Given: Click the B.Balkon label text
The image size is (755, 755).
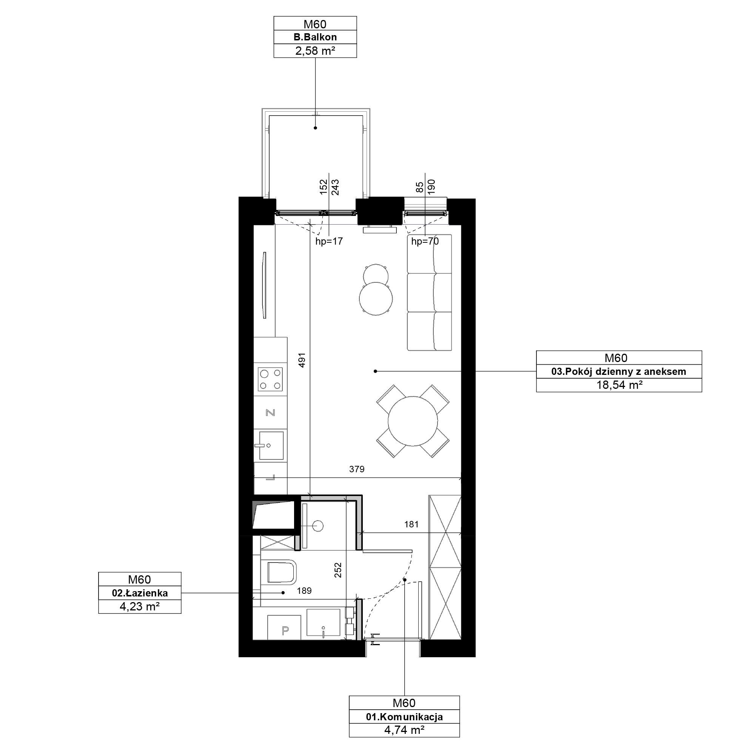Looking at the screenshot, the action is tap(315, 37).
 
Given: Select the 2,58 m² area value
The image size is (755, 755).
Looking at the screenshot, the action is tap(315, 51).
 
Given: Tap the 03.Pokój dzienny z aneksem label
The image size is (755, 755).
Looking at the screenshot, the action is tap(619, 371).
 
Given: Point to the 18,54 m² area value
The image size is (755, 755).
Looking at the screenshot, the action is tap(619, 385).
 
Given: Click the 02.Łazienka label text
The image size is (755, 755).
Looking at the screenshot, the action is tap(140, 593).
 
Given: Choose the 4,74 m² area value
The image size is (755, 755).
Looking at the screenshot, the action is tap(404, 730).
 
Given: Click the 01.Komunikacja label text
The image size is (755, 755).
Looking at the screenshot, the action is tap(404, 717).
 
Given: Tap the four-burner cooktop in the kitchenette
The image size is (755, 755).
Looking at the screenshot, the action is tap(270, 379).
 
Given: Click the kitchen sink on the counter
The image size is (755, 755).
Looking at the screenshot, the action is tap(271, 445).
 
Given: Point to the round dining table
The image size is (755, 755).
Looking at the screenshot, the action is tap(413, 421).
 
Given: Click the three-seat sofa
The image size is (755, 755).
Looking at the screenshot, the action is tap(430, 292).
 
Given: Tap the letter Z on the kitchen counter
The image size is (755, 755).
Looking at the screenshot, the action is tap(270, 413).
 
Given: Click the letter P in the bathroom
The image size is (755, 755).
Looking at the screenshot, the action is tap(285, 630).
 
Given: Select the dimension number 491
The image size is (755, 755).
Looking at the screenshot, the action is tap(302, 360).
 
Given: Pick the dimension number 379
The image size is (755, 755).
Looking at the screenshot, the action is tap(357, 469).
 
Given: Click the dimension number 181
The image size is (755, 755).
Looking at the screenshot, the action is tap(411, 524).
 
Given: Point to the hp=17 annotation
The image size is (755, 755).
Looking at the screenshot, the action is tap(329, 242).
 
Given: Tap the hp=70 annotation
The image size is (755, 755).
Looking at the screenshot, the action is tap(425, 242).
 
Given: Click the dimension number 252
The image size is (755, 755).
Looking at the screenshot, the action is tap(338, 570).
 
